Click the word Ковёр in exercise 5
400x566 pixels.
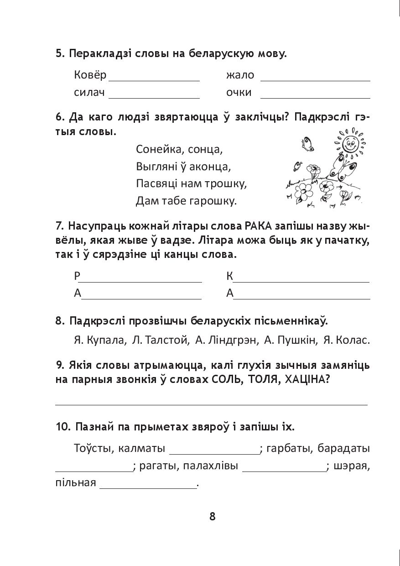click(89, 75)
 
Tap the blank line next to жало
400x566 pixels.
click(315, 79)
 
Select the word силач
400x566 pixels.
click(89, 92)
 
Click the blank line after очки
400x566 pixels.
click(315, 96)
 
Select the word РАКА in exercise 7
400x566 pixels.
click(258, 226)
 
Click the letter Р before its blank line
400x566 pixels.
click(77, 276)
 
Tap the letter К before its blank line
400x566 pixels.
click(229, 276)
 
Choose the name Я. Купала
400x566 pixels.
click(99, 340)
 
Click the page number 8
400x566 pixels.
click(212, 516)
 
